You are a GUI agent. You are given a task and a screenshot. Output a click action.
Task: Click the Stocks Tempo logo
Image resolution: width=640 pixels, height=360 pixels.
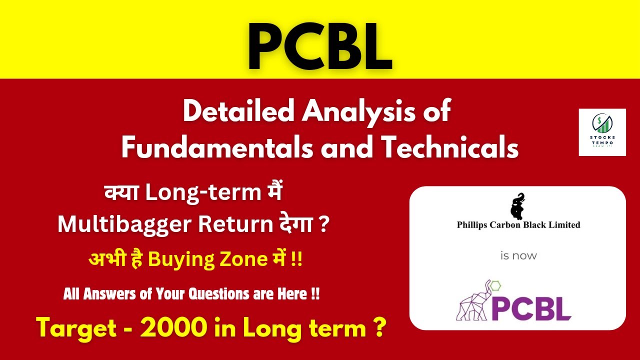pyautogui.click(x=602, y=132)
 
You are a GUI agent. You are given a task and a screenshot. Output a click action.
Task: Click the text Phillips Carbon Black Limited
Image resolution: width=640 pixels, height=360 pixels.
pyautogui.click(x=518, y=224)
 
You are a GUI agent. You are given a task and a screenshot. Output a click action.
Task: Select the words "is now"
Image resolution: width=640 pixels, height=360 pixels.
pyautogui.click(x=518, y=255)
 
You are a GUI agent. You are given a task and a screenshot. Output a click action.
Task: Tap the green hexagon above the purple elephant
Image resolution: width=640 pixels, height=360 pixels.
pyautogui.click(x=496, y=286)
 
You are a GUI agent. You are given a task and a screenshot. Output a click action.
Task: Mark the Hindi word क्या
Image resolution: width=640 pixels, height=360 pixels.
pyautogui.click(x=122, y=193)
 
